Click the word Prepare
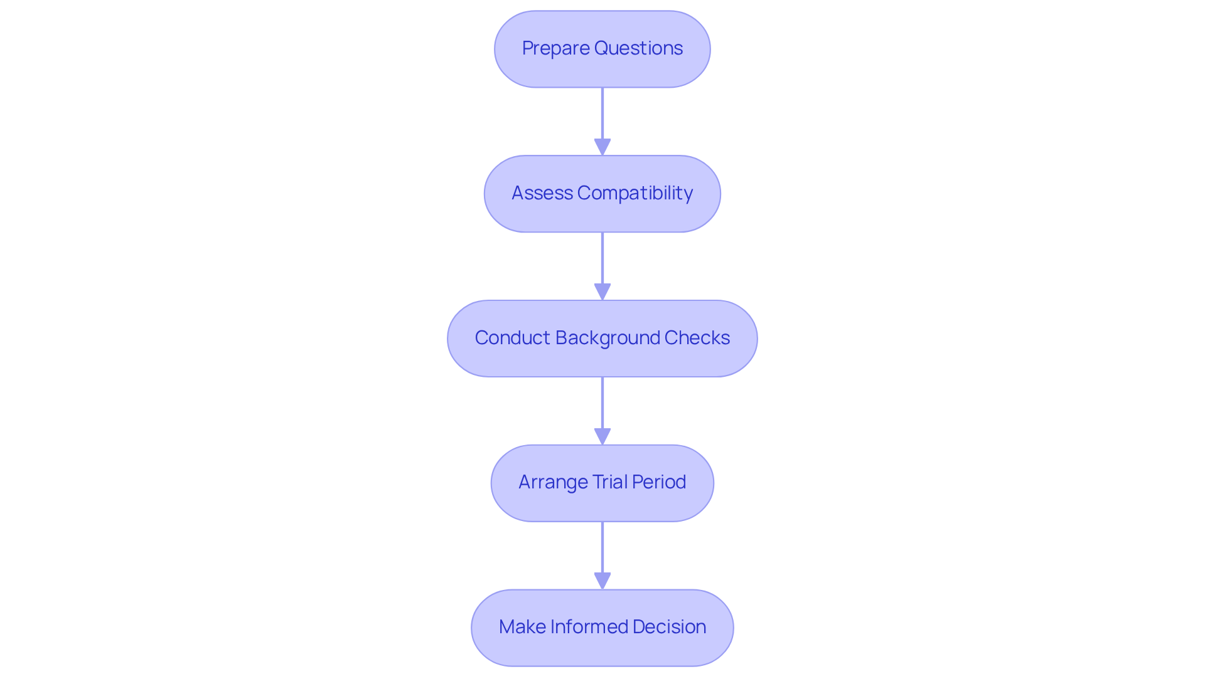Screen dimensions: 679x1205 (555, 48)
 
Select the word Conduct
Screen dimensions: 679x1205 (512, 338)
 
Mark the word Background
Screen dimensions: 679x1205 (607, 338)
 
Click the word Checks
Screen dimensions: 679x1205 (697, 338)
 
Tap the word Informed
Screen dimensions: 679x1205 (589, 627)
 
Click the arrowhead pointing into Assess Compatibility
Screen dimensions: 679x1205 (602, 147)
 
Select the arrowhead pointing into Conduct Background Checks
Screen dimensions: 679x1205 (602, 292)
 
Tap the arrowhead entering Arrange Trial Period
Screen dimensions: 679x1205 (602, 436)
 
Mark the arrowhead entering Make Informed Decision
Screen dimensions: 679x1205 (602, 581)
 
